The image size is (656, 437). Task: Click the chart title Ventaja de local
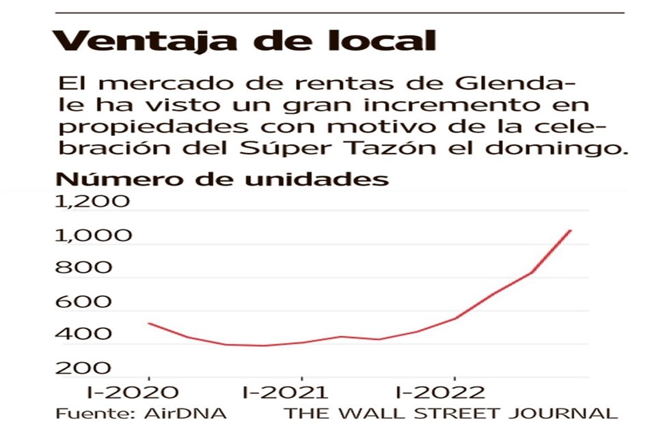pyautogui.click(x=244, y=40)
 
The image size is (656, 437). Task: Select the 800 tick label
pyautogui.click(x=82, y=268)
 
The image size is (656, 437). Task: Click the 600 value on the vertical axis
pyautogui.click(x=82, y=302)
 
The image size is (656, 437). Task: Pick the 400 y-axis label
pyautogui.click(x=82, y=335)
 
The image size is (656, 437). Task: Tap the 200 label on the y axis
pyautogui.click(x=82, y=368)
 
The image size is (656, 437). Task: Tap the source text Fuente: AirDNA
pyautogui.click(x=141, y=414)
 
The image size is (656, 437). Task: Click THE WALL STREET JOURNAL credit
pyautogui.click(x=450, y=414)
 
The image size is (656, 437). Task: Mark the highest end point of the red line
pyautogui.click(x=571, y=231)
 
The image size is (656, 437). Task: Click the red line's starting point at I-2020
pyautogui.click(x=149, y=323)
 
